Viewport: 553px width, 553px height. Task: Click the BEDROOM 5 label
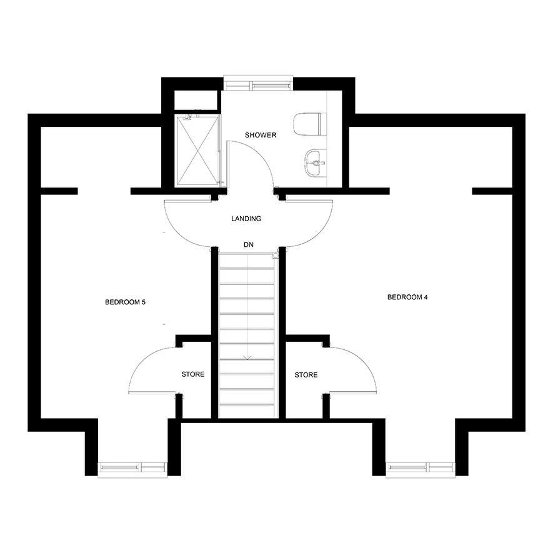(125, 302)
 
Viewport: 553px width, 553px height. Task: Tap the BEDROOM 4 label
(407, 297)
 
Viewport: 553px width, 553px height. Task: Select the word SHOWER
(261, 135)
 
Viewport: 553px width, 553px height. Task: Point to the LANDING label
(246, 219)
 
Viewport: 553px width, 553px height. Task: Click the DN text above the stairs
(249, 244)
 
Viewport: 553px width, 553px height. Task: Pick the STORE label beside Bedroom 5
(193, 374)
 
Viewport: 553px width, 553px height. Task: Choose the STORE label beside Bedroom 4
(306, 375)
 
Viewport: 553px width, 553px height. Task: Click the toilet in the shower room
(307, 124)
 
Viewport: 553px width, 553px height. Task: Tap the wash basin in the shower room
(316, 162)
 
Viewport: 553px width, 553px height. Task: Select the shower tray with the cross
(197, 151)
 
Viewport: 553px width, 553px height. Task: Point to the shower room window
(258, 84)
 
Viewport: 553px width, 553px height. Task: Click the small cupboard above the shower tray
(196, 100)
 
